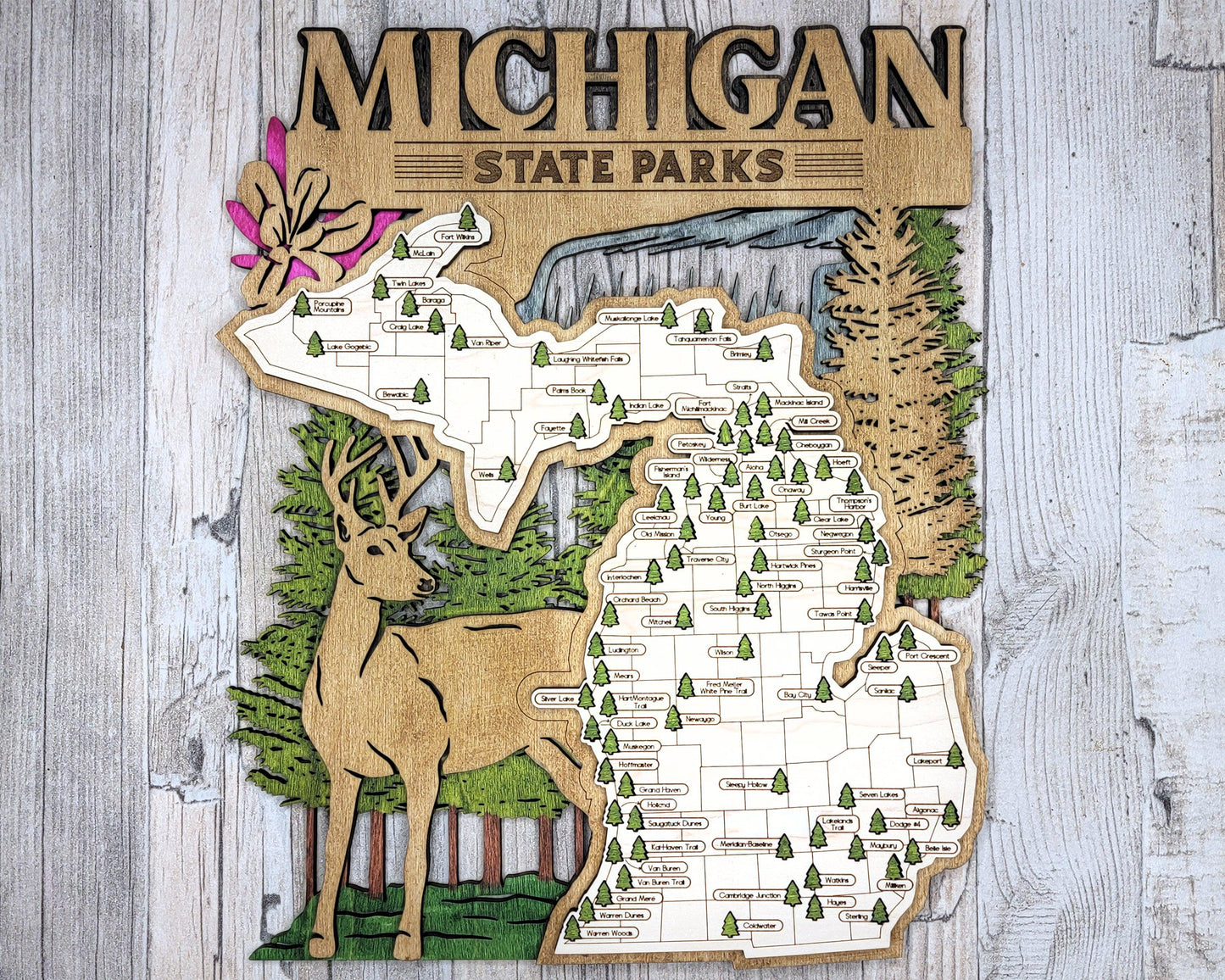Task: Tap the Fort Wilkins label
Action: click(x=459, y=237)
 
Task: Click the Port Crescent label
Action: click(x=927, y=656)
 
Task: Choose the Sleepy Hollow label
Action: click(x=746, y=784)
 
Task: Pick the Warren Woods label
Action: click(x=610, y=933)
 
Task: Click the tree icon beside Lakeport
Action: click(x=955, y=754)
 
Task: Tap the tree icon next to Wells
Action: click(x=506, y=469)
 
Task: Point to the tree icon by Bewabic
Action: click(x=420, y=391)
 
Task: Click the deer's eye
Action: click(x=374, y=552)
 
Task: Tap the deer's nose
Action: click(x=431, y=585)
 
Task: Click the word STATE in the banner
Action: click(x=540, y=167)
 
